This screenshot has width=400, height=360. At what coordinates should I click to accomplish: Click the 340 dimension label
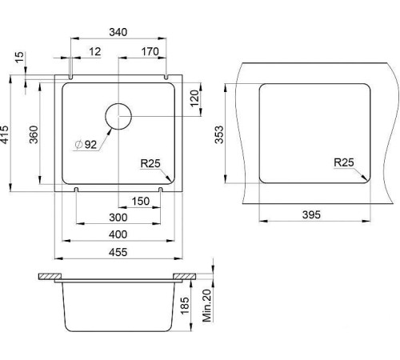(118, 32)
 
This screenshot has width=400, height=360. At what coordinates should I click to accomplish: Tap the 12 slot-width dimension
(95, 52)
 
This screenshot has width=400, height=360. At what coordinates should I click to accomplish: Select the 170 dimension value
(150, 52)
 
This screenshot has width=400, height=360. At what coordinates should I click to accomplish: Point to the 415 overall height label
(5, 134)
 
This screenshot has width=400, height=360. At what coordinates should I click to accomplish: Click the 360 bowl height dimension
(34, 134)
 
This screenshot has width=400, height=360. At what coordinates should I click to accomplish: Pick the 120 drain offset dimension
(195, 98)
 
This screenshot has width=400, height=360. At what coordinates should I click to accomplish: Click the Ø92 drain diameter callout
(86, 145)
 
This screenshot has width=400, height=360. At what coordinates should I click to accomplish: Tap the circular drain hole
(118, 116)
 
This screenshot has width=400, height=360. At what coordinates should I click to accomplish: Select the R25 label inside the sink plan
(150, 163)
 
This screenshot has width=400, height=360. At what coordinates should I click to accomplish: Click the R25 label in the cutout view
(344, 162)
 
